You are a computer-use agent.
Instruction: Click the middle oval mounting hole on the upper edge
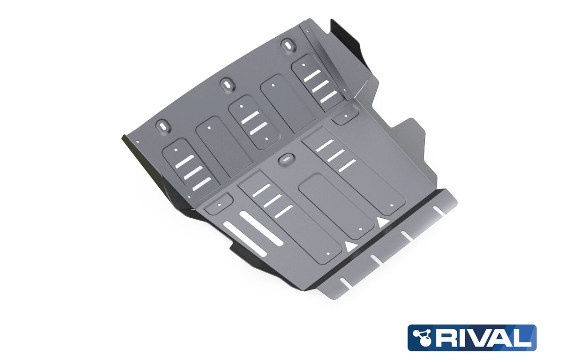tap(225, 84)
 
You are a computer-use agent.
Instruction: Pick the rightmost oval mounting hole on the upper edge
tap(288, 45)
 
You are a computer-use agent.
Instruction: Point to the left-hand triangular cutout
tap(350, 246)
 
